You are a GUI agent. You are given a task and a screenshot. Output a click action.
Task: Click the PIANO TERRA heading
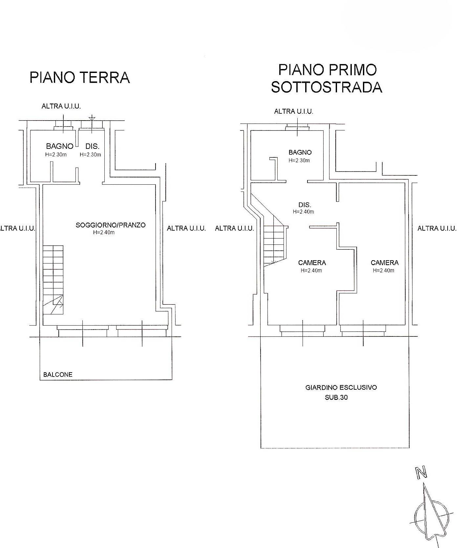coord(80,78)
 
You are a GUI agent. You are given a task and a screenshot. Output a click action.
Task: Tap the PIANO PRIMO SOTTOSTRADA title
coord(327,79)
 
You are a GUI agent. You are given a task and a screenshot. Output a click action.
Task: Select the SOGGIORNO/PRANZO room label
coord(111,225)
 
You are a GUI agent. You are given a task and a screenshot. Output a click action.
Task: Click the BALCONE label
coord(58,375)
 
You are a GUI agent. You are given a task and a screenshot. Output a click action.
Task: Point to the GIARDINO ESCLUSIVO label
coord(341,387)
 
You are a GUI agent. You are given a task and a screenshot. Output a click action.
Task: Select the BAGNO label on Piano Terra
coord(59,146)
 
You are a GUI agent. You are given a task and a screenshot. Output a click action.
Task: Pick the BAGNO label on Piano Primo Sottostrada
coord(300,152)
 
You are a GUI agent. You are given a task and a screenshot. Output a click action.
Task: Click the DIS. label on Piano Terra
coord(93,147)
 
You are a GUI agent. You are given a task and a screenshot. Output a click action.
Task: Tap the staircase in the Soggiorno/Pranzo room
coord(53,280)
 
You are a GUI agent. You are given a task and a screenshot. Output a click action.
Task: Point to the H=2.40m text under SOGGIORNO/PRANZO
coord(104,233)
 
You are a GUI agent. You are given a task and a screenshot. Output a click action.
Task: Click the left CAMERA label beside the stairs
coord(312,263)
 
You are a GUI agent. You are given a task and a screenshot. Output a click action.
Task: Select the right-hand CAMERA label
coord(385,263)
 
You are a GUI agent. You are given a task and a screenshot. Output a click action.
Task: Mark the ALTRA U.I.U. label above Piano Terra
coord(61,106)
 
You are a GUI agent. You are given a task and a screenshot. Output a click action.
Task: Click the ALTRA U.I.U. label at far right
coord(437,228)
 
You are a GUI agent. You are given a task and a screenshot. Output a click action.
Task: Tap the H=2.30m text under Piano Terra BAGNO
coord(56,155)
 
